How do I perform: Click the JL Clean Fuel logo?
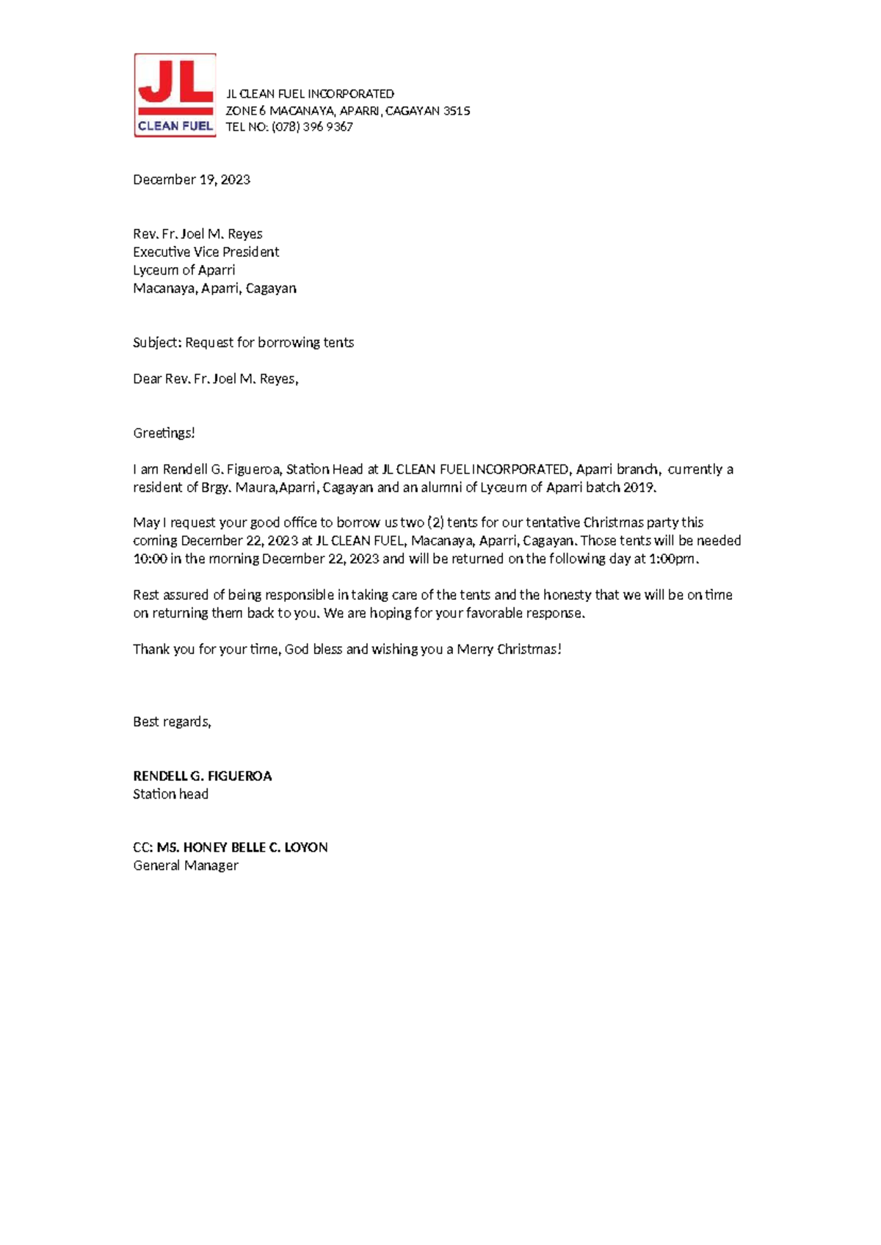pos(175,95)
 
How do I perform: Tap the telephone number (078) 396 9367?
pos(312,127)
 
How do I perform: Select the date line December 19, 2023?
pos(192,180)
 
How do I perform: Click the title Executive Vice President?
pos(206,252)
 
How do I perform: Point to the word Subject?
pos(156,343)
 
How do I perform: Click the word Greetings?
pos(164,433)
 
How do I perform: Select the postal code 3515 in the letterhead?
pos(457,111)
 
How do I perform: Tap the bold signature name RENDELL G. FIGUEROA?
pos(202,776)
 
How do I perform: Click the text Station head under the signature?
pos(170,794)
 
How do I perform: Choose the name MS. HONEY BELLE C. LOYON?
pos(242,847)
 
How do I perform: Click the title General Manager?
pos(186,865)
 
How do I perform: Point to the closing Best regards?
pos(172,722)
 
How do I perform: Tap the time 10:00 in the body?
pos(149,559)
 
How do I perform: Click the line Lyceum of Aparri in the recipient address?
pos(184,270)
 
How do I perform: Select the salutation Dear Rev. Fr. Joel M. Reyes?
pos(215,379)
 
